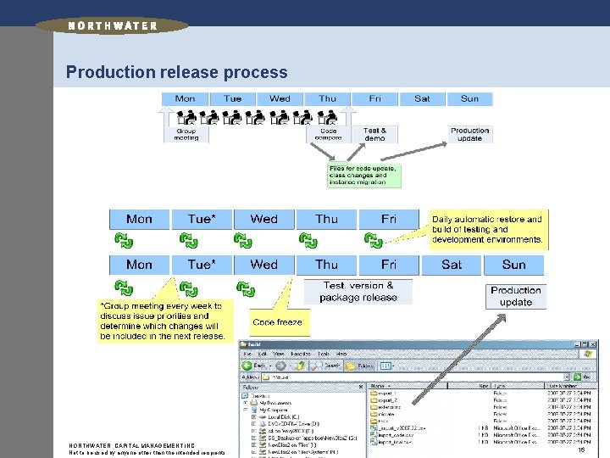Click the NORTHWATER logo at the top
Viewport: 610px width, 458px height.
(112, 25)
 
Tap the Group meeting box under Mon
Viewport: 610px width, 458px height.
(186, 134)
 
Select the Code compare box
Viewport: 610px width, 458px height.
(328, 134)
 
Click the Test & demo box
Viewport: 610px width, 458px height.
(374, 134)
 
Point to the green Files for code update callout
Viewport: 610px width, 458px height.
(362, 176)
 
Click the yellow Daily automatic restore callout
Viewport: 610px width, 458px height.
(487, 229)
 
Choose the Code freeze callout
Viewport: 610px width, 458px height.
(277, 322)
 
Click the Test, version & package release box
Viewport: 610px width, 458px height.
(358, 291)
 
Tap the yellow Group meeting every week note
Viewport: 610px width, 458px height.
(163, 321)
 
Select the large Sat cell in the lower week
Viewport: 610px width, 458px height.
(452, 265)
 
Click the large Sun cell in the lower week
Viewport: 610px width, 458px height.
(513, 265)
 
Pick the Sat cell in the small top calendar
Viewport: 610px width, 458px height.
(422, 98)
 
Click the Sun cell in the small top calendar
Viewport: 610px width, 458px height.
(469, 98)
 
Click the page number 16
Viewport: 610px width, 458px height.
(580, 451)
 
